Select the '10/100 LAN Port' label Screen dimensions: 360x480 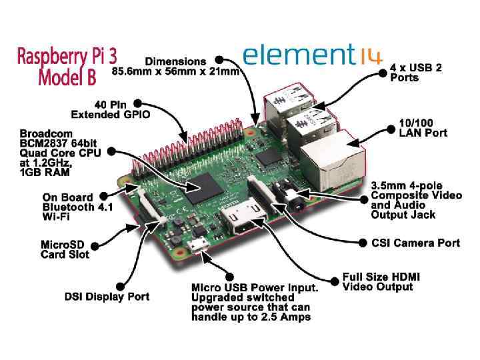coord(423,128)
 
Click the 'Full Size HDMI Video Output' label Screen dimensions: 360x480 coord(381,281)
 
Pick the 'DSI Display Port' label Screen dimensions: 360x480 coord(107,296)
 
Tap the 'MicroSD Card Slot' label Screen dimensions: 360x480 coord(65,249)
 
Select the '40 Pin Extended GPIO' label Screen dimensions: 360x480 coord(111,109)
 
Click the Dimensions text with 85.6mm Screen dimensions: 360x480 coord(175,65)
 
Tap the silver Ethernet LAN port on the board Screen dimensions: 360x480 coord(329,163)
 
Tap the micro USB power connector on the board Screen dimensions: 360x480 coord(197,247)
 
